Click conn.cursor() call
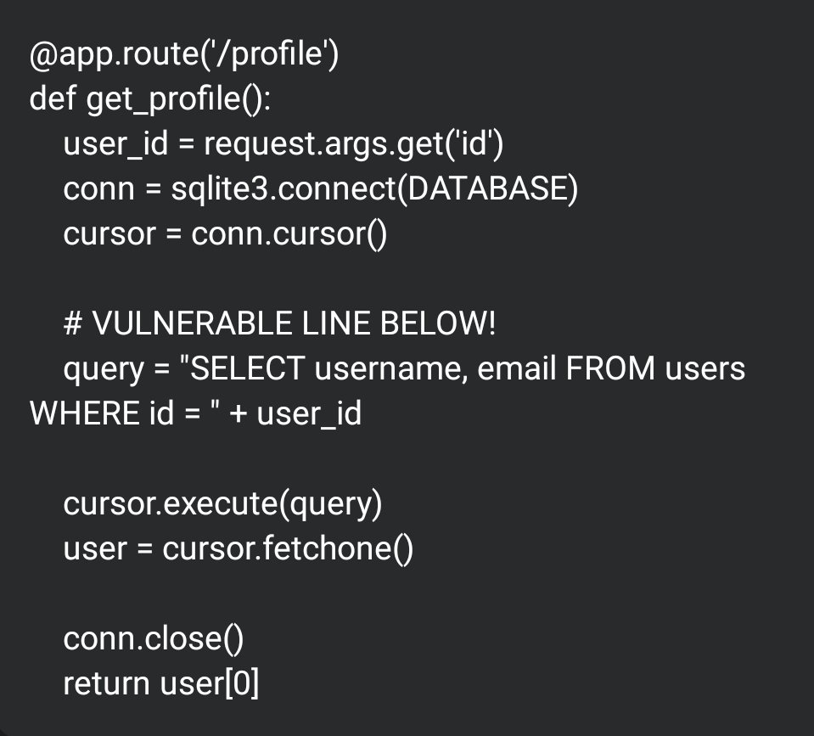pyautogui.click(x=289, y=233)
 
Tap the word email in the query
pyautogui.click(x=514, y=368)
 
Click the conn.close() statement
pyautogui.click(x=154, y=638)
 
